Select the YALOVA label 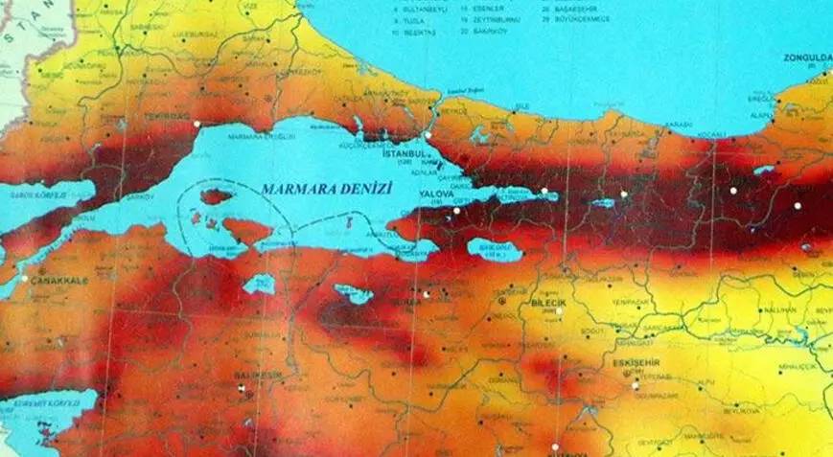tap(436, 192)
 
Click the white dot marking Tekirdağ tap(197, 125)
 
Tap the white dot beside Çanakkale tap(25, 278)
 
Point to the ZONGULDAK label tap(808, 57)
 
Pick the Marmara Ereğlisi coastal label tap(253, 137)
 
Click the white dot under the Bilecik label tap(559, 311)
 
